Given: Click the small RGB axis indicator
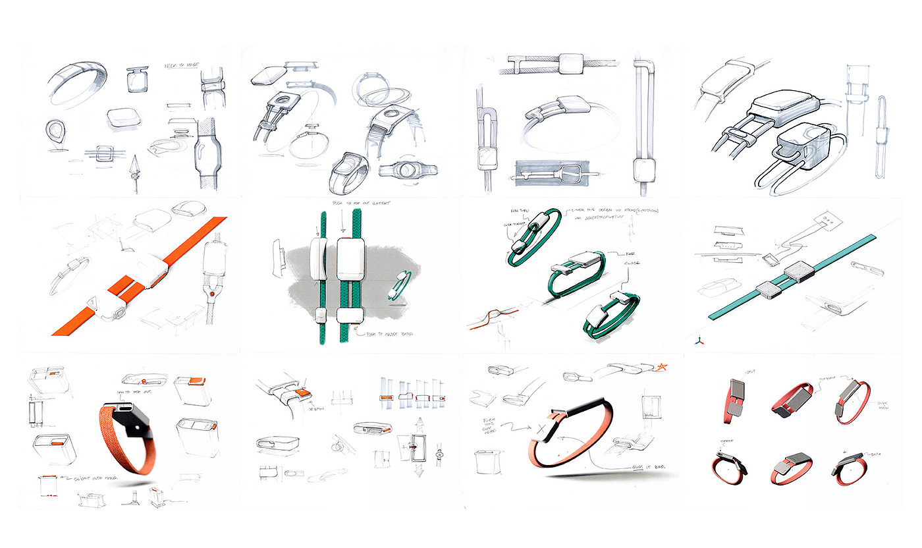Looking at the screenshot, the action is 698,341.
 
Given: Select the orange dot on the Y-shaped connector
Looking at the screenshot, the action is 213,287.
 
